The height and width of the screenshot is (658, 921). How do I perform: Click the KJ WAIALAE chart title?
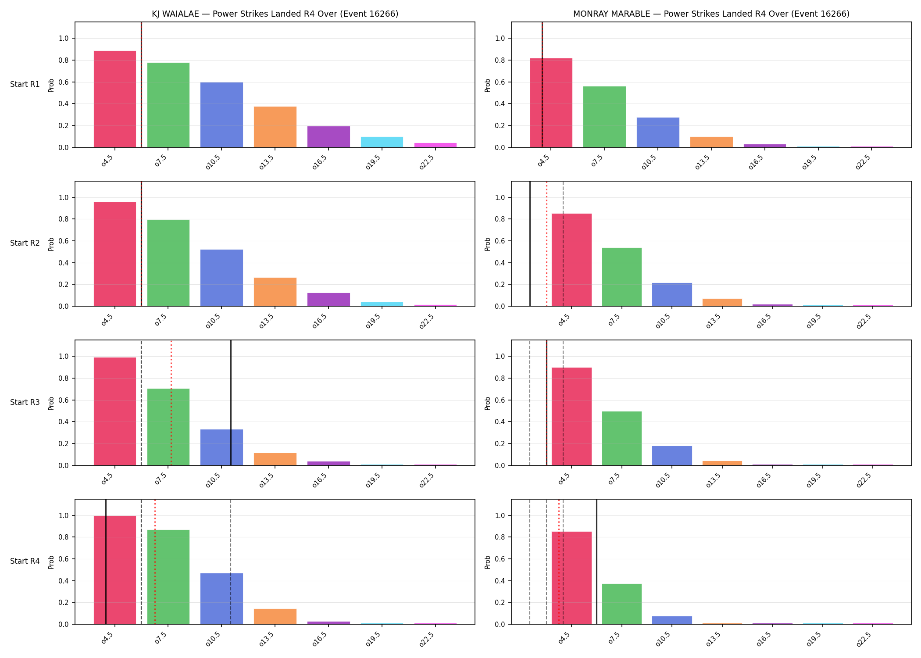[275, 14]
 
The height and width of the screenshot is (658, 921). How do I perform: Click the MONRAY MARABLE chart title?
[711, 14]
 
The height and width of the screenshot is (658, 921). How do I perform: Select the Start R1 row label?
[25, 84]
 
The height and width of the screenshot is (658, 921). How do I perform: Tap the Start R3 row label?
[25, 402]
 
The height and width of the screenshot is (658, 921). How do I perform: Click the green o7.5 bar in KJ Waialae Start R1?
[168, 105]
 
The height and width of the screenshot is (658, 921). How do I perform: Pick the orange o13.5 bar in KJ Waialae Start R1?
[275, 127]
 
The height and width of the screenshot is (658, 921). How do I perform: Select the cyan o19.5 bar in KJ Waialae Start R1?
[382, 142]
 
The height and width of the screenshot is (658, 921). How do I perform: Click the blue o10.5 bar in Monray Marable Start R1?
[658, 132]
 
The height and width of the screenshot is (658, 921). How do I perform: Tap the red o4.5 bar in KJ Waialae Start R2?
[115, 254]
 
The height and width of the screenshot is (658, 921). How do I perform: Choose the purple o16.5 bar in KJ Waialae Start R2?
[328, 300]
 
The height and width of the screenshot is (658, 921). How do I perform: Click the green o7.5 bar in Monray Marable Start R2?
[622, 277]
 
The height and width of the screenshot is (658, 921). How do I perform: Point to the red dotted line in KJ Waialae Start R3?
[171, 403]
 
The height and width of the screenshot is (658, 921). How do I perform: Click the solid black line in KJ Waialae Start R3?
[231, 403]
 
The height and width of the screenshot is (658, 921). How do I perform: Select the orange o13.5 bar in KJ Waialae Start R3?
[275, 459]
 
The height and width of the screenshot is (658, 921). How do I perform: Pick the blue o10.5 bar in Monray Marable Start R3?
[672, 456]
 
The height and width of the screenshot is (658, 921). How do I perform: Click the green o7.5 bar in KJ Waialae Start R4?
[168, 577]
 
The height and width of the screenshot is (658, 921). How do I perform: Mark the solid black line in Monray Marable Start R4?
[596, 561]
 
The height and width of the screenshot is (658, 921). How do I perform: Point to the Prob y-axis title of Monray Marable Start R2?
[488, 244]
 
